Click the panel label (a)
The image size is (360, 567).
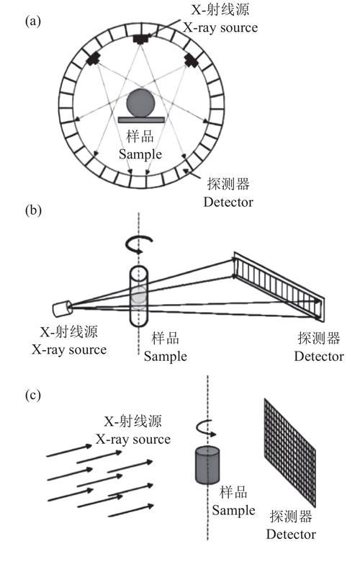[x=33, y=22]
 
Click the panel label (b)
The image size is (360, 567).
[x=33, y=210]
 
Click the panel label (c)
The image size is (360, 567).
[x=32, y=395]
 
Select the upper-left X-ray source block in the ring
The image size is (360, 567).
[x=93, y=58]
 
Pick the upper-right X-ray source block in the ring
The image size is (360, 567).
[x=192, y=60]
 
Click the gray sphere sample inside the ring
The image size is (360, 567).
[x=140, y=103]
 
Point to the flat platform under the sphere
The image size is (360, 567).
[x=141, y=120]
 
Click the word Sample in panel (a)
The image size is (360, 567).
[x=140, y=154]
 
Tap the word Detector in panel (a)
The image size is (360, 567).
[x=228, y=202]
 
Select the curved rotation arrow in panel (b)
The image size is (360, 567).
[x=139, y=244]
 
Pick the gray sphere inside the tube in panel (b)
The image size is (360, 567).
[x=139, y=295]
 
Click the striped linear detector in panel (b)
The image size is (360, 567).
[x=279, y=287]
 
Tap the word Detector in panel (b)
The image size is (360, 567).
[x=319, y=356]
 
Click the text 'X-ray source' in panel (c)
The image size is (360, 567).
[x=133, y=439]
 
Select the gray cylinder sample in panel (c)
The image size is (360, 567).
[x=207, y=465]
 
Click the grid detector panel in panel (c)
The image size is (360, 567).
[x=290, y=452]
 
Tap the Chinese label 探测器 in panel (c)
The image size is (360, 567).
[x=291, y=517]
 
